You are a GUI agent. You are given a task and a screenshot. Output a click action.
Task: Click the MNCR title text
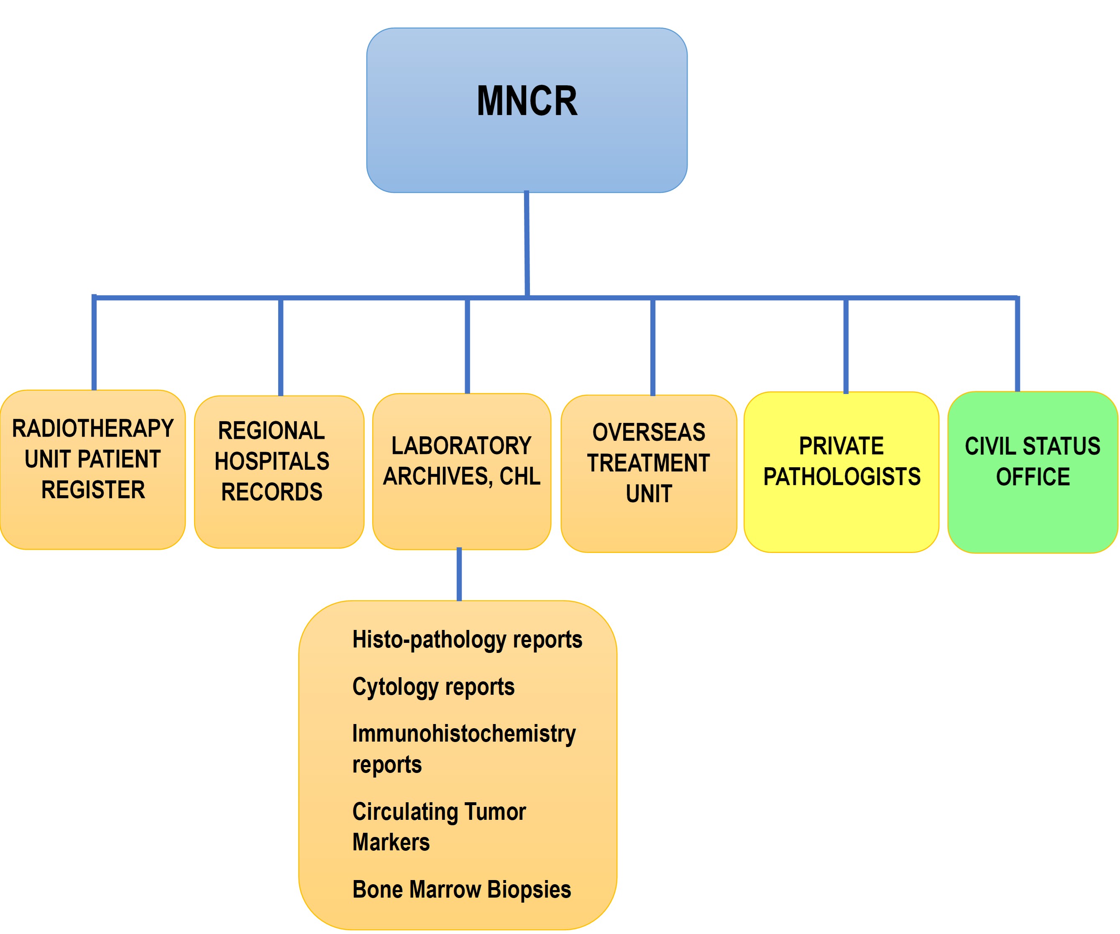click(527, 101)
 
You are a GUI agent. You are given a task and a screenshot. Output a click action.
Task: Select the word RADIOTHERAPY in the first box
click(93, 428)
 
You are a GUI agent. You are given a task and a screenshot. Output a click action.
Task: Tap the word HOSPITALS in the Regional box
click(272, 461)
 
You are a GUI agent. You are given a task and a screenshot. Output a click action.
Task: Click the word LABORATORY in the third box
click(461, 446)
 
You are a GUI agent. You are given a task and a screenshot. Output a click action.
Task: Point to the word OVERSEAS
click(649, 432)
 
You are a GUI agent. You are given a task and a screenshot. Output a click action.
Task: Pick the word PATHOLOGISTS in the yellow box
click(841, 477)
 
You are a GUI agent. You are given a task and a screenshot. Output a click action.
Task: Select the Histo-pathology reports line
click(467, 640)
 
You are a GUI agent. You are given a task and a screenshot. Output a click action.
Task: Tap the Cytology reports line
click(433, 686)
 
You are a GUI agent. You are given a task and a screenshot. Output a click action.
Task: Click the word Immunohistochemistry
click(464, 733)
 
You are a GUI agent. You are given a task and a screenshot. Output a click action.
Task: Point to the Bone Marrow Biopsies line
click(462, 890)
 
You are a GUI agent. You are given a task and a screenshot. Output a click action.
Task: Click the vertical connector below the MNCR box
click(527, 243)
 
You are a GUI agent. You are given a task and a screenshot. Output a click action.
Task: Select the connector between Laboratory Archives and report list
click(459, 574)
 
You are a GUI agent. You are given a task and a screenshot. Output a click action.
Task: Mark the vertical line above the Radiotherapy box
click(94, 344)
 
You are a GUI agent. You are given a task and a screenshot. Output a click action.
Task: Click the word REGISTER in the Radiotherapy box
click(93, 490)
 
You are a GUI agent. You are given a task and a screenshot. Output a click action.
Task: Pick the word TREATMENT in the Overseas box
click(649, 463)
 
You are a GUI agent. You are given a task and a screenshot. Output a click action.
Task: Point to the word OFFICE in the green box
click(1033, 477)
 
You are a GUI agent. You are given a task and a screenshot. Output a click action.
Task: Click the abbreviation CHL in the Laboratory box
click(520, 476)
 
